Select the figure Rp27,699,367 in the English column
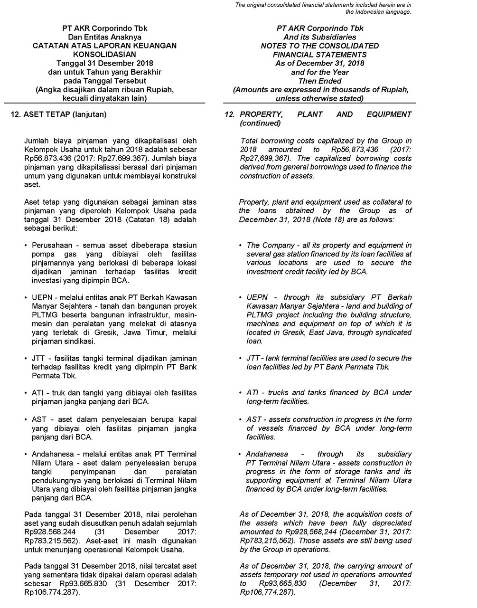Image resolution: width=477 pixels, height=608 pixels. pos(263,158)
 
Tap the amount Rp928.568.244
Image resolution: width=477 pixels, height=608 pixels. pos(52,532)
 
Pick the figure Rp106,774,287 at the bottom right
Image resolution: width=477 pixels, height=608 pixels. pos(267,592)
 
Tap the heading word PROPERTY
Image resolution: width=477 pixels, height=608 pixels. pos(262,114)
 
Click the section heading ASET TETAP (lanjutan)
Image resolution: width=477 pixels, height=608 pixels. pos(65,114)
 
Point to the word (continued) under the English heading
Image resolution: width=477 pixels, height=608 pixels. pos(260,123)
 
